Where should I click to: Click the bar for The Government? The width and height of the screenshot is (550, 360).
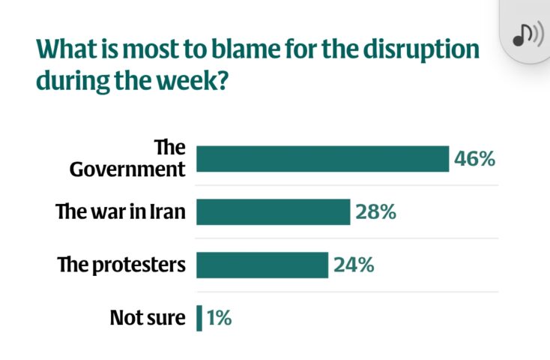pyautogui.click(x=322, y=159)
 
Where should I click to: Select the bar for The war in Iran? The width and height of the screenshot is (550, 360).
pyautogui.click(x=273, y=212)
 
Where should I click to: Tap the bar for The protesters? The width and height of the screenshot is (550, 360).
pyautogui.click(x=262, y=265)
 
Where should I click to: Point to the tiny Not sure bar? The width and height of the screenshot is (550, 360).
pyautogui.click(x=199, y=318)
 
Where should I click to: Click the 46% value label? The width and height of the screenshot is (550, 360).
pyautogui.click(x=474, y=159)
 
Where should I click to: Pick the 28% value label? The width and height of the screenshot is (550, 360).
pyautogui.click(x=375, y=212)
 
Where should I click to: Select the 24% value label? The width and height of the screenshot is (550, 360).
pyautogui.click(x=353, y=265)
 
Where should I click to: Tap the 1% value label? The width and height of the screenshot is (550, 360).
pyautogui.click(x=219, y=318)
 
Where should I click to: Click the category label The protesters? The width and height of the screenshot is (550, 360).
pyautogui.click(x=121, y=265)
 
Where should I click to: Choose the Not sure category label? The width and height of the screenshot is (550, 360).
pyautogui.click(x=147, y=318)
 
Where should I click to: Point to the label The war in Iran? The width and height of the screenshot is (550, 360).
pyautogui.click(x=121, y=212)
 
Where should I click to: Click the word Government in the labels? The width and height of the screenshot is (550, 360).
pyautogui.click(x=127, y=169)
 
